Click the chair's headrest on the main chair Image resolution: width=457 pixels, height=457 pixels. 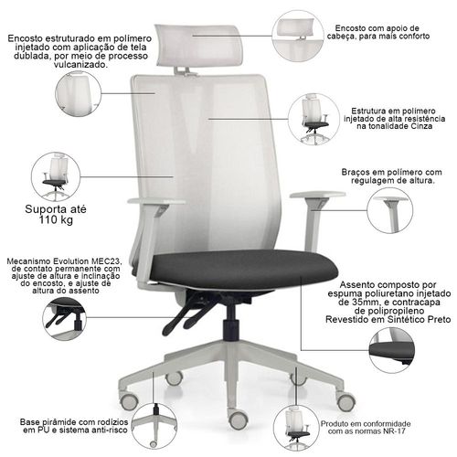[199, 46]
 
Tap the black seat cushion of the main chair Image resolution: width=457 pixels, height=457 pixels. [244, 270]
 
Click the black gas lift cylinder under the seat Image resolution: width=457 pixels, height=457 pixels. [231, 323]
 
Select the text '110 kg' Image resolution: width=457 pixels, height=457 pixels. [56, 219]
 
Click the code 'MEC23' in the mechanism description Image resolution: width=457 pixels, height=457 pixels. [105, 261]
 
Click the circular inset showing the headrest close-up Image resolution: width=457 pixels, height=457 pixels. [298, 36]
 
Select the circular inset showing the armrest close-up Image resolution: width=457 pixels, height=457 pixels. [389, 210]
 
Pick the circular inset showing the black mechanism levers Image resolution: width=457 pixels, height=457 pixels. [64, 319]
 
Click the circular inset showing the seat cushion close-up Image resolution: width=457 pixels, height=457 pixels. [392, 350]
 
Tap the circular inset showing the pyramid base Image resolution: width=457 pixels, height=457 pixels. [154, 426]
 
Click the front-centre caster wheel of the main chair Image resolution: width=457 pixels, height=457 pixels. [238, 419]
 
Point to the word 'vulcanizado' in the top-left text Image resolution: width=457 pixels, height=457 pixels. [80, 65]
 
